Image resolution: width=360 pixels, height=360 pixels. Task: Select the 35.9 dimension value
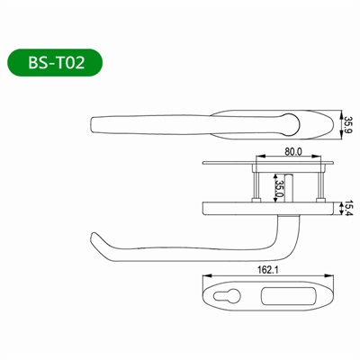click(x=349, y=123)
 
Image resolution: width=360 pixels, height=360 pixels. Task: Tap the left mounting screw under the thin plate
click(x=256, y=184)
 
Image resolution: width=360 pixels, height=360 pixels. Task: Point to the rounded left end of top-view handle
click(x=97, y=122)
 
